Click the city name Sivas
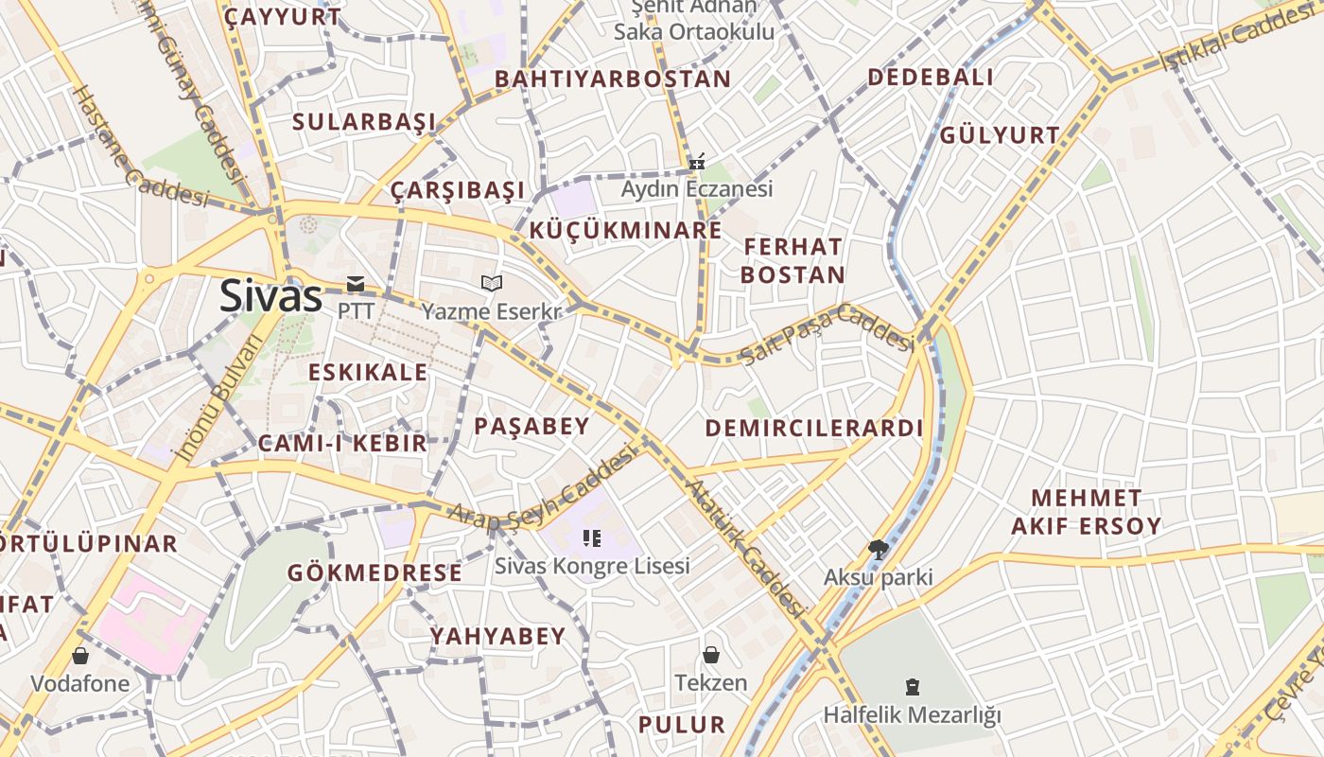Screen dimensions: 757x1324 [x=271, y=296]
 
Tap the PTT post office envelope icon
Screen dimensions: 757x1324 [x=356, y=283]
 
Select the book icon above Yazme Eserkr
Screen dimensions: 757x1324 [x=491, y=283]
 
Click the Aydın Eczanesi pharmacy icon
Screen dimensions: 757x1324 [x=697, y=163]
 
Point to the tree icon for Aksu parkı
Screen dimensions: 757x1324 [x=879, y=549]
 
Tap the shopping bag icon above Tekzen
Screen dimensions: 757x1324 [x=711, y=655]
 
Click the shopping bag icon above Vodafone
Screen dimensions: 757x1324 [x=80, y=655]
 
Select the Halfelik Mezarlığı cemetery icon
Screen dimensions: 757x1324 [x=912, y=686]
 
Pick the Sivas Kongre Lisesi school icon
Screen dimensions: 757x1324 [x=592, y=538]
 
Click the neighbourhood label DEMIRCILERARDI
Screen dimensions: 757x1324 [x=813, y=428]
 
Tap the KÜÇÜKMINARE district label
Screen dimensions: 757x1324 [x=625, y=230]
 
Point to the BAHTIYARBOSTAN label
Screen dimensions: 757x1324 [x=613, y=79]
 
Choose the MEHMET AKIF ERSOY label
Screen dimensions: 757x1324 [x=1086, y=512]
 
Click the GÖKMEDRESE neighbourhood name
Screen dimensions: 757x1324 [x=375, y=572]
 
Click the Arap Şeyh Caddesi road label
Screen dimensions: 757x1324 [x=542, y=490]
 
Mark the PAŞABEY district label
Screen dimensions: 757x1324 [x=531, y=426]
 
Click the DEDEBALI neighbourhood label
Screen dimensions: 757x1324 [x=931, y=78]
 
